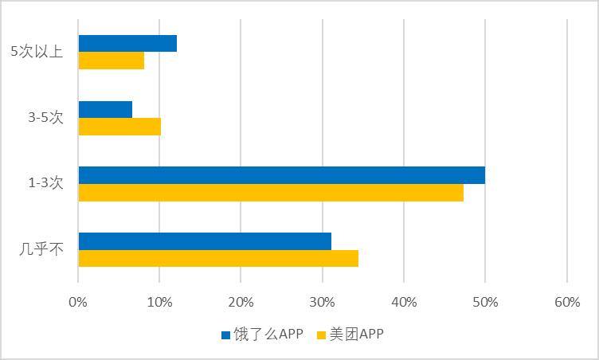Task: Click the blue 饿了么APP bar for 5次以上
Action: [127, 44]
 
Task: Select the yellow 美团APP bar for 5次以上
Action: [112, 61]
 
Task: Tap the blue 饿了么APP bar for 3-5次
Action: [105, 110]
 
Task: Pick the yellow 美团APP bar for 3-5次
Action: [119, 127]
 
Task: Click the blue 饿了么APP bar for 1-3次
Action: [281, 175]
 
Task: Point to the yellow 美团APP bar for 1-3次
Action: [271, 193]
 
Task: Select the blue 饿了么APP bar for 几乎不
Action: [205, 241]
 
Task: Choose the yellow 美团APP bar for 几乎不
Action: [218, 258]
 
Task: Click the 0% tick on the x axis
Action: [78, 302]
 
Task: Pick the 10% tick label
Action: [159, 302]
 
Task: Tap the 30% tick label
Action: [322, 302]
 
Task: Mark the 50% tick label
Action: [485, 302]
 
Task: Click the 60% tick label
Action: [566, 302]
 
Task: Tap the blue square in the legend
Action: [225, 335]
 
